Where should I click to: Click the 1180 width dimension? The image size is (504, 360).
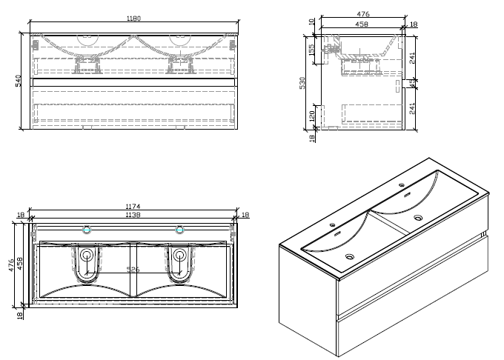pos(133,19)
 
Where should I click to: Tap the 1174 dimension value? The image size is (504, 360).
pos(133,206)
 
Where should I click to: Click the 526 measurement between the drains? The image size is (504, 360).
pos(133,269)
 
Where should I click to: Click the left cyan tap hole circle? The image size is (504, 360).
pos(87,229)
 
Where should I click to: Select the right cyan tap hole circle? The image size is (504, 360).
pos(179,229)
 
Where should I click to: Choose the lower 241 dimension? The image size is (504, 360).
pos(413,109)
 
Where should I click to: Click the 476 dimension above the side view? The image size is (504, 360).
pos(362,14)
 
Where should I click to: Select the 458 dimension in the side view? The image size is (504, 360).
pos(362,24)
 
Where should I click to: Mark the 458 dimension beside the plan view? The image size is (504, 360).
pos(21,265)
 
